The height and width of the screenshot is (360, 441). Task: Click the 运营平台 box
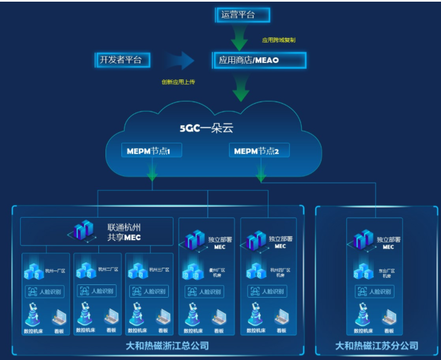click(242, 15)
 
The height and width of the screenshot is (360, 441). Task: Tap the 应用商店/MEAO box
click(259, 60)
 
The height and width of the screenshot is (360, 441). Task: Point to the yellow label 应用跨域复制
click(278, 40)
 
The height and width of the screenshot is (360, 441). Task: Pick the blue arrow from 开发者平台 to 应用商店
click(179, 60)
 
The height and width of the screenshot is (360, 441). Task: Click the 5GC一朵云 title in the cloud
click(206, 129)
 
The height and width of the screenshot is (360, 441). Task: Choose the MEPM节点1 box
click(152, 150)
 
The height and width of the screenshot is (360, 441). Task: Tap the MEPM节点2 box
click(259, 150)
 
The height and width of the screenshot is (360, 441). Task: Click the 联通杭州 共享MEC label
click(124, 232)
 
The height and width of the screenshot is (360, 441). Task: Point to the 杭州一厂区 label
click(54, 270)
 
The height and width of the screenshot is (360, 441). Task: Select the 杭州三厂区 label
click(159, 270)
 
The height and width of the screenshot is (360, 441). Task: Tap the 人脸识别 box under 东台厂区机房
click(375, 292)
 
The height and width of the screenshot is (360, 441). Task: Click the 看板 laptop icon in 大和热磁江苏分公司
click(389, 316)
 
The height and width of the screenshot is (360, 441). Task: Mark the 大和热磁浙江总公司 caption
click(160, 346)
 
